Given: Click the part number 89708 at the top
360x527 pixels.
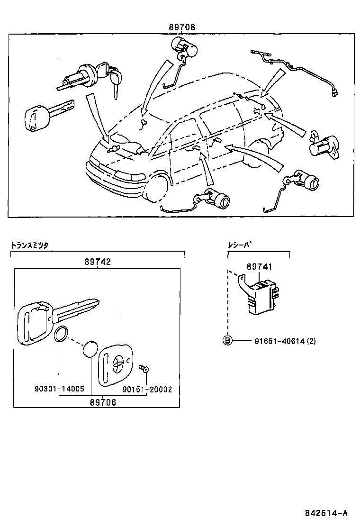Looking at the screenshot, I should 182,27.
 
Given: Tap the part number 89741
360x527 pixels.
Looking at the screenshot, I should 259,267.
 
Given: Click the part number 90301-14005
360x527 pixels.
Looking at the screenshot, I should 59,389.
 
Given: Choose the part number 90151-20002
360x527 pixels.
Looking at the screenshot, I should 147,389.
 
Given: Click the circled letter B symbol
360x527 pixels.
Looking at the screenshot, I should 228,340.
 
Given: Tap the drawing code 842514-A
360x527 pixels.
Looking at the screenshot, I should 326,513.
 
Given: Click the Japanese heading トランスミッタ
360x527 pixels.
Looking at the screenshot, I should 30,245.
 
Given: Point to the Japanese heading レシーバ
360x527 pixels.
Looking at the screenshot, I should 239,245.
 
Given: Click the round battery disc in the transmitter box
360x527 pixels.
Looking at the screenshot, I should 90,350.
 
